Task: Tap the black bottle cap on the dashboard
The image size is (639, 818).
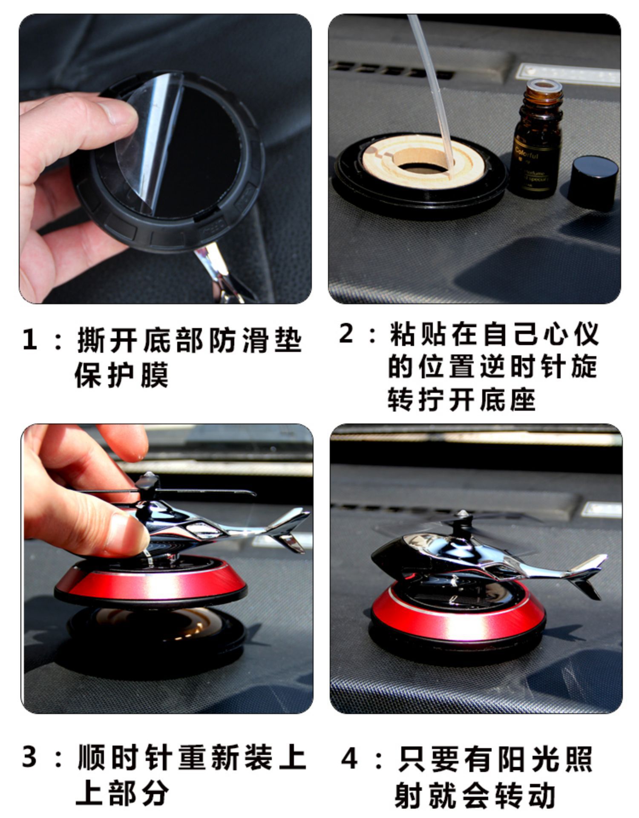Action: pos(593,182)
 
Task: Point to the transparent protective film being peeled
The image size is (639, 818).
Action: pos(147,141)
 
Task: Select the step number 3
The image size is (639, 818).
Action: pos(30,758)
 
